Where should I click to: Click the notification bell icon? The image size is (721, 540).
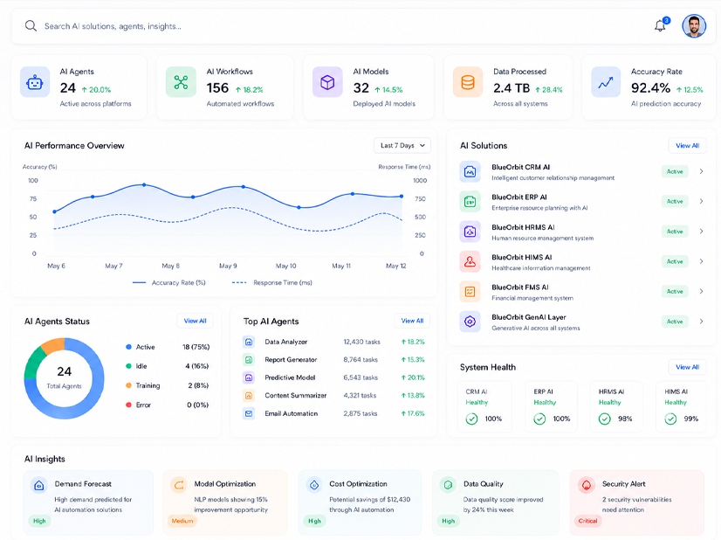[660, 26]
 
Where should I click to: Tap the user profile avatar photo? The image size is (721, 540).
[694, 26]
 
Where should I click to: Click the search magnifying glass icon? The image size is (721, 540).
[31, 26]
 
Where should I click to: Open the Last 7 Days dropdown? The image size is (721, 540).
[402, 145]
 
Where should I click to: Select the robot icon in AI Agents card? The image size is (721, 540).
[35, 82]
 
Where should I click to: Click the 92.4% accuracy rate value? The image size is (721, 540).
[650, 87]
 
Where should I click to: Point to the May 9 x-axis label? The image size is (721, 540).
[228, 266]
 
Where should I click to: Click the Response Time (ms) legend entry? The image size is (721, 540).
[272, 282]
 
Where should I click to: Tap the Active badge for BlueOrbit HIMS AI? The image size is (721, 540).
[675, 261]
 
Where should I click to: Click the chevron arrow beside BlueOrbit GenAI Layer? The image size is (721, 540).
[701, 322]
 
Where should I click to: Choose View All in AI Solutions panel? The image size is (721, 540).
[688, 145]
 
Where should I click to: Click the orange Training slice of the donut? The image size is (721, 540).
[53, 345]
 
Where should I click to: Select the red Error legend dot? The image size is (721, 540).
[129, 405]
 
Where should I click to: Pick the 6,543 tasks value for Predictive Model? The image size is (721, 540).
[360, 377]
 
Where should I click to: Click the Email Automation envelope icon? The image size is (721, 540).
[248, 413]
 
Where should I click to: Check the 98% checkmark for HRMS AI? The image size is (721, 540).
[605, 419]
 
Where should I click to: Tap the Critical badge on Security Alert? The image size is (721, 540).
[587, 521]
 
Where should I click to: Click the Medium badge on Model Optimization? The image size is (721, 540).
[182, 521]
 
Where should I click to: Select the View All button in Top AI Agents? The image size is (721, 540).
[412, 321]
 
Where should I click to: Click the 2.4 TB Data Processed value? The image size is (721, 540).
[512, 88]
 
